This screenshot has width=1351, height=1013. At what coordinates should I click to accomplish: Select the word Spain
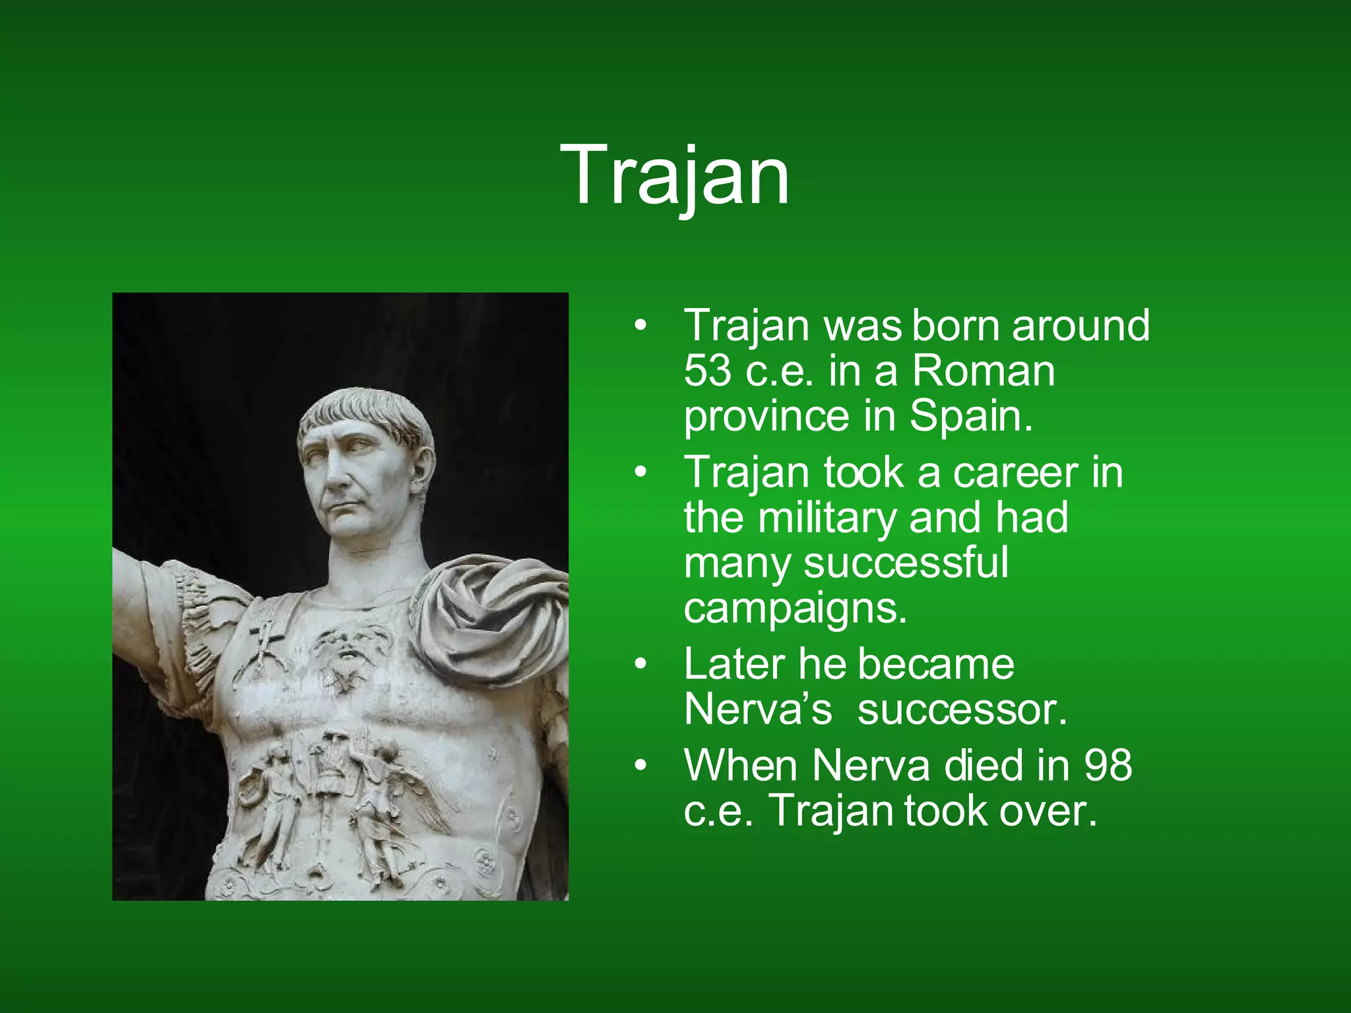tap(970, 416)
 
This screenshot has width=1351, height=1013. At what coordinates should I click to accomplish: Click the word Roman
tap(984, 371)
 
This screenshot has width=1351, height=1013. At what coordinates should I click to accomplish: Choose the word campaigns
tap(795, 608)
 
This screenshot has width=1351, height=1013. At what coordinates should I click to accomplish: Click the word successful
tap(906, 563)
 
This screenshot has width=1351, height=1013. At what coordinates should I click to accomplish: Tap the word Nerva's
tap(758, 710)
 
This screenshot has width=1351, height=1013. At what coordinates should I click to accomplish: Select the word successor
tap(962, 710)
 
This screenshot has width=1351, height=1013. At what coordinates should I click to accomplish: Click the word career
tap(1015, 472)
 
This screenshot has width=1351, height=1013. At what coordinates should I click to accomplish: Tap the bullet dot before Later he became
tap(639, 665)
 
